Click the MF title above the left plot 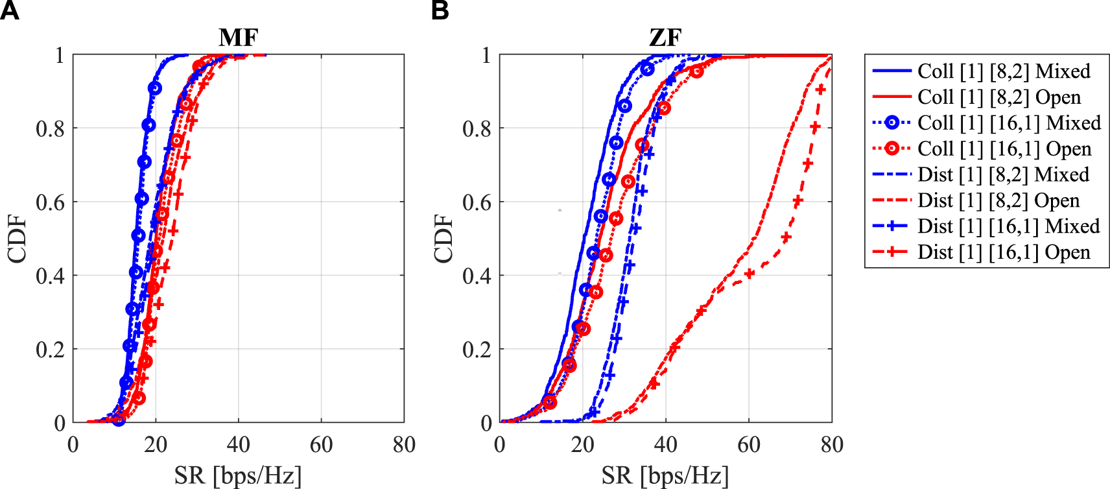(x=239, y=38)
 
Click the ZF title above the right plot (x=665, y=38)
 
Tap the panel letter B (x=440, y=10)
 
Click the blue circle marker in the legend (x=892, y=123)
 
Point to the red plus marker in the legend (x=892, y=252)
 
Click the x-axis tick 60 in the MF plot (x=321, y=445)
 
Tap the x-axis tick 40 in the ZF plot (x=665, y=445)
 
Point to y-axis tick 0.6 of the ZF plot (x=477, y=202)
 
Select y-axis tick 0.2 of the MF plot (x=51, y=350)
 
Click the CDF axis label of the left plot (x=18, y=239)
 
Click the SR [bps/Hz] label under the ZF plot (x=665, y=475)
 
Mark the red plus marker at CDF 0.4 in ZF (x=750, y=274)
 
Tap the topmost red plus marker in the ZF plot (x=821, y=89)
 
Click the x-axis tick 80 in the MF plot (x=403, y=445)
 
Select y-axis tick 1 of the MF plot (x=60, y=55)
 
